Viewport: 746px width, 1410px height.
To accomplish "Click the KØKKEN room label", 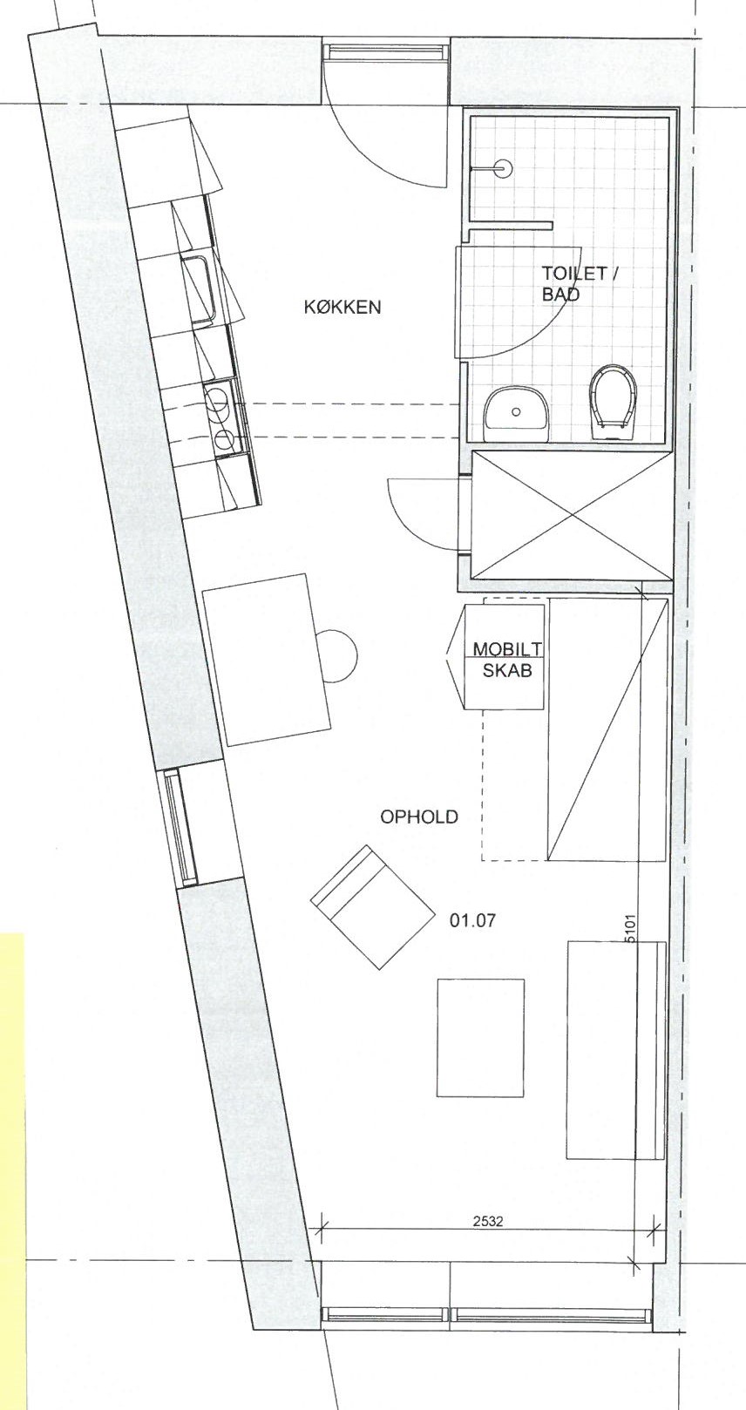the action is [x=342, y=307].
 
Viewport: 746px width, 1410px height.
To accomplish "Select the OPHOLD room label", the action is [x=418, y=817].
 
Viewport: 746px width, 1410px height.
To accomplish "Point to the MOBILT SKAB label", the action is [x=508, y=659].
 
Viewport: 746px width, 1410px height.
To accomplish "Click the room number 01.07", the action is [x=472, y=921].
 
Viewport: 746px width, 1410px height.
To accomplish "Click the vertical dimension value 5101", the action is [x=632, y=928].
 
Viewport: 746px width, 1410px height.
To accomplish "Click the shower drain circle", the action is [x=502, y=168].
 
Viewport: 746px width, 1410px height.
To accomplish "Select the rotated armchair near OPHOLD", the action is [x=373, y=907].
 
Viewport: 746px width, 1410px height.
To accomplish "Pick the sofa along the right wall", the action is [x=616, y=1050].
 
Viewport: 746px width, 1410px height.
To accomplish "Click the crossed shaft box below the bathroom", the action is [x=570, y=515].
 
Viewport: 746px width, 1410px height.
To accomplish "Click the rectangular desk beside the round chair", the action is [x=267, y=659].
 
